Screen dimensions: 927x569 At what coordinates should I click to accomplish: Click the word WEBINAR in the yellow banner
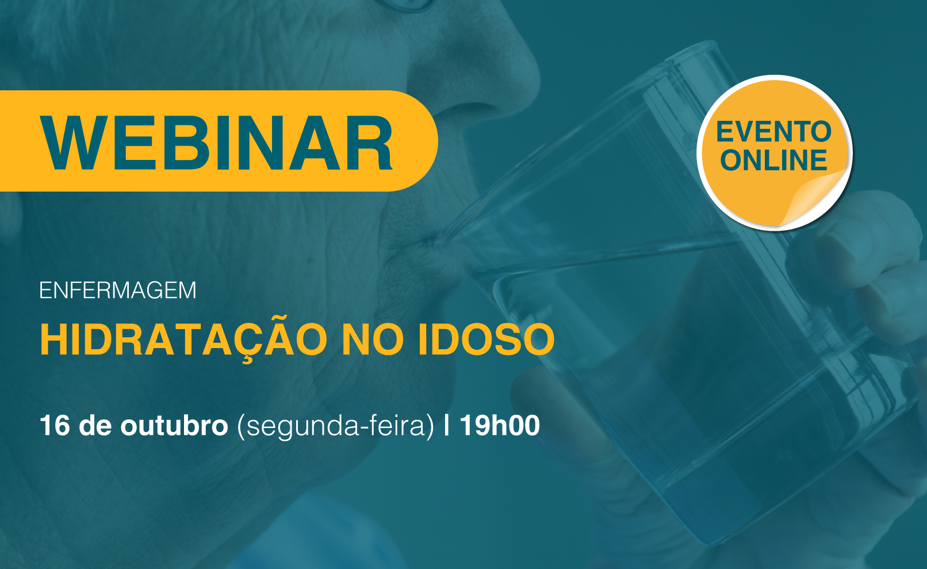[216, 143]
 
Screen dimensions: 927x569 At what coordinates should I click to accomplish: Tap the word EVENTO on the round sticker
[773, 132]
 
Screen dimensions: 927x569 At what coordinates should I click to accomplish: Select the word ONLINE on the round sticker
[773, 161]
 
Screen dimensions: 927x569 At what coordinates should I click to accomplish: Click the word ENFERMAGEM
[117, 291]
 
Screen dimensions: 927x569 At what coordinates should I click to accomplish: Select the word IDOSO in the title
[487, 339]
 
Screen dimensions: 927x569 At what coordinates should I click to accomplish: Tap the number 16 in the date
[55, 425]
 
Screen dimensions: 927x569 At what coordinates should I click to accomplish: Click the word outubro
[174, 425]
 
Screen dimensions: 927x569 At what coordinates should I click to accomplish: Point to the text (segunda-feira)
[335, 426]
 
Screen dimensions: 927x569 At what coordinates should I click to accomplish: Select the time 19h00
[500, 425]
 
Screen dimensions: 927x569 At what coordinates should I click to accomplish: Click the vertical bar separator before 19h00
[446, 425]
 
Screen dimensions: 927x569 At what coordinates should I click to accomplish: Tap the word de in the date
[95, 425]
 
